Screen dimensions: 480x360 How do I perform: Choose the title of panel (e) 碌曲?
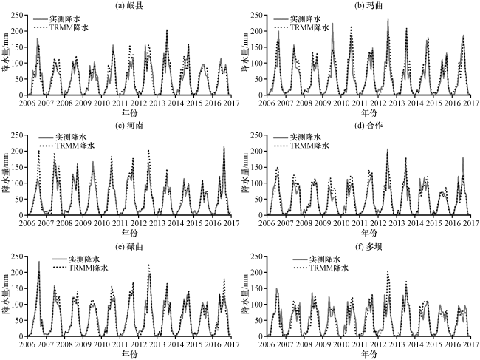click(129, 247)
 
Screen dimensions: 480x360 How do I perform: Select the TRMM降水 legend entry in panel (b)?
click(301, 27)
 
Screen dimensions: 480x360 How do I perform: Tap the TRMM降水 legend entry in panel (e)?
click(80, 268)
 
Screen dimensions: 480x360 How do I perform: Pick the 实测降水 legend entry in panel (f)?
click(317, 259)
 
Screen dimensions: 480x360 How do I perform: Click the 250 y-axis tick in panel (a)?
click(18, 15)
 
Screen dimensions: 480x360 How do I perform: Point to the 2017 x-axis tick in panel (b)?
click(470, 103)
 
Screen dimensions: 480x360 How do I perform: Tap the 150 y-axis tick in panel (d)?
click(258, 167)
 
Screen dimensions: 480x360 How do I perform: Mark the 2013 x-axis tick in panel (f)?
click(396, 344)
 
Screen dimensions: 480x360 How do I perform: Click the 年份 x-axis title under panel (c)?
click(129, 233)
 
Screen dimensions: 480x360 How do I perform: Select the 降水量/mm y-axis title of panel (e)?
click(5, 296)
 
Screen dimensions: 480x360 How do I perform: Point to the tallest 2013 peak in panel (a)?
click(167, 30)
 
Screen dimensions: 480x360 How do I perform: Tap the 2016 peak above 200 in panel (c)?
click(224, 146)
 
